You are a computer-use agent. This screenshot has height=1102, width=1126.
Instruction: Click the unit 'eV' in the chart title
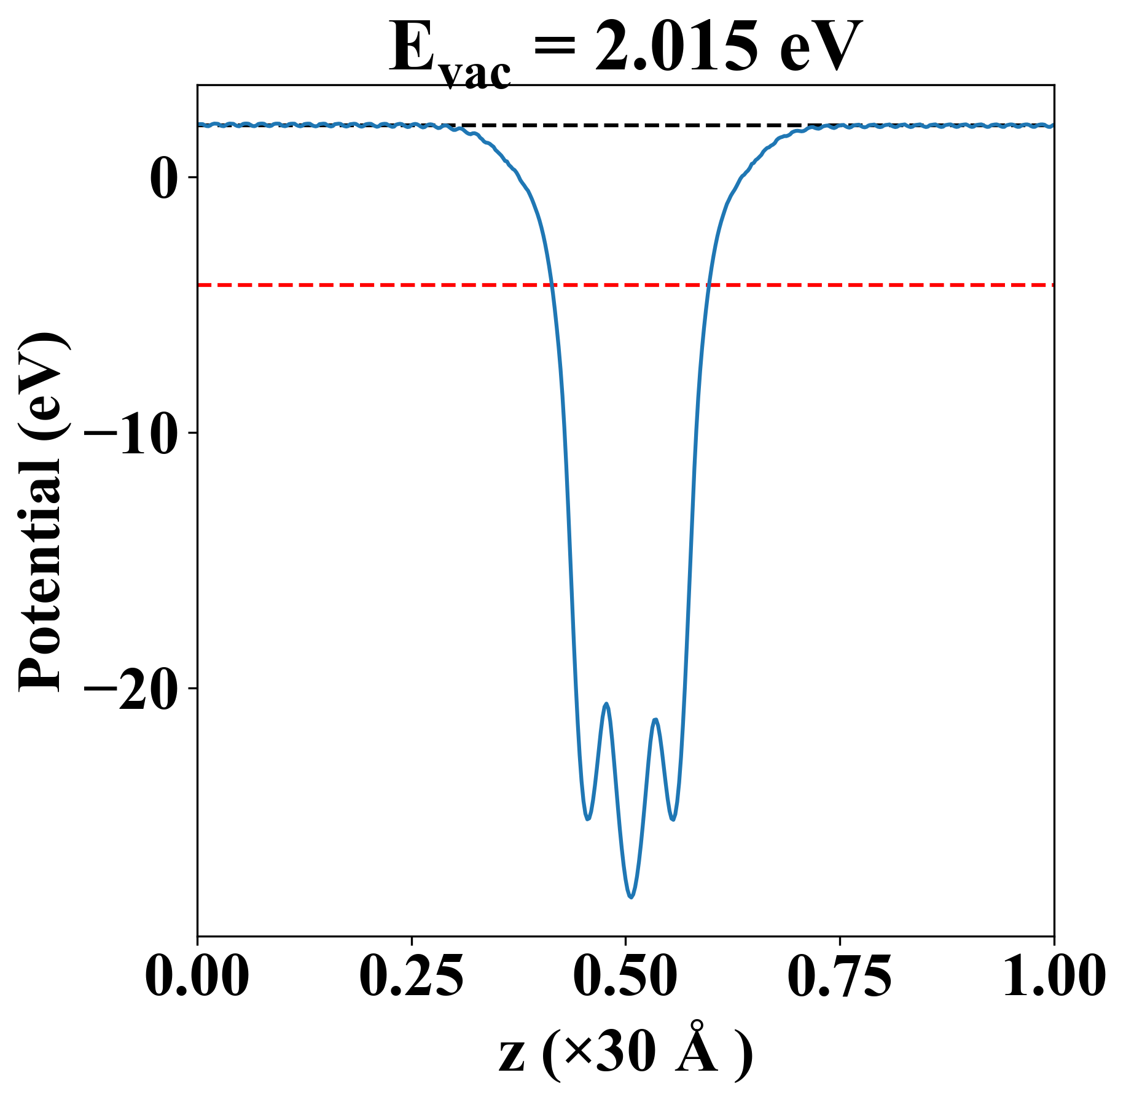pos(821,48)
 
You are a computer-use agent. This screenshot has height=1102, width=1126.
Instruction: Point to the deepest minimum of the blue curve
pos(631,897)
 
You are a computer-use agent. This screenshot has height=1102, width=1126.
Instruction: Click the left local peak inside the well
pos(607,703)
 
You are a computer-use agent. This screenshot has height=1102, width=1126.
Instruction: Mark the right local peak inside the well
pos(655,719)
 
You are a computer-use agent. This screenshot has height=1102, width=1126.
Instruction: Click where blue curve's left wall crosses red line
pos(552,285)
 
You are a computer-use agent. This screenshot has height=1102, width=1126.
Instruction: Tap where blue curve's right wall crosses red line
pos(708,285)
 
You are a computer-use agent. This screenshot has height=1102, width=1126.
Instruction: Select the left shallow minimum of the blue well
pos(588,819)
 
